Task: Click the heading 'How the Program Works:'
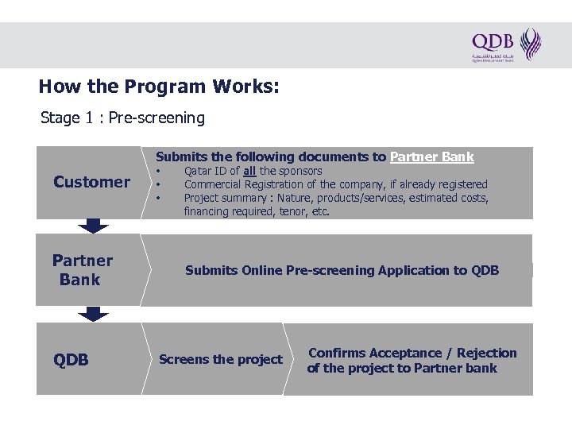(x=159, y=86)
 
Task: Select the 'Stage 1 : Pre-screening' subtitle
(x=122, y=118)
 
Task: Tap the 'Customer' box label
(x=91, y=182)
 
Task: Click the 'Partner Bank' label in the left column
(x=82, y=270)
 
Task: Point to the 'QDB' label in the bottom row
(x=71, y=360)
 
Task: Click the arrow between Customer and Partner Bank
(x=94, y=226)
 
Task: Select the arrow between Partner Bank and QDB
(x=94, y=314)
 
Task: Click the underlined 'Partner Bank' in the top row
(x=431, y=157)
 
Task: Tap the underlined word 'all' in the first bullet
(x=249, y=171)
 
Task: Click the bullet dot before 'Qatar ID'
(x=159, y=171)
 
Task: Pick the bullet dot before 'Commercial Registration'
(x=159, y=184)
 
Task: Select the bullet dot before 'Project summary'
(x=159, y=198)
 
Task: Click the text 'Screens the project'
(x=220, y=360)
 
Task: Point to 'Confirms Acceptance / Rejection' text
(x=412, y=353)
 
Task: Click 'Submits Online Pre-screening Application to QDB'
(x=342, y=271)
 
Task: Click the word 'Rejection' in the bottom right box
(x=485, y=353)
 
